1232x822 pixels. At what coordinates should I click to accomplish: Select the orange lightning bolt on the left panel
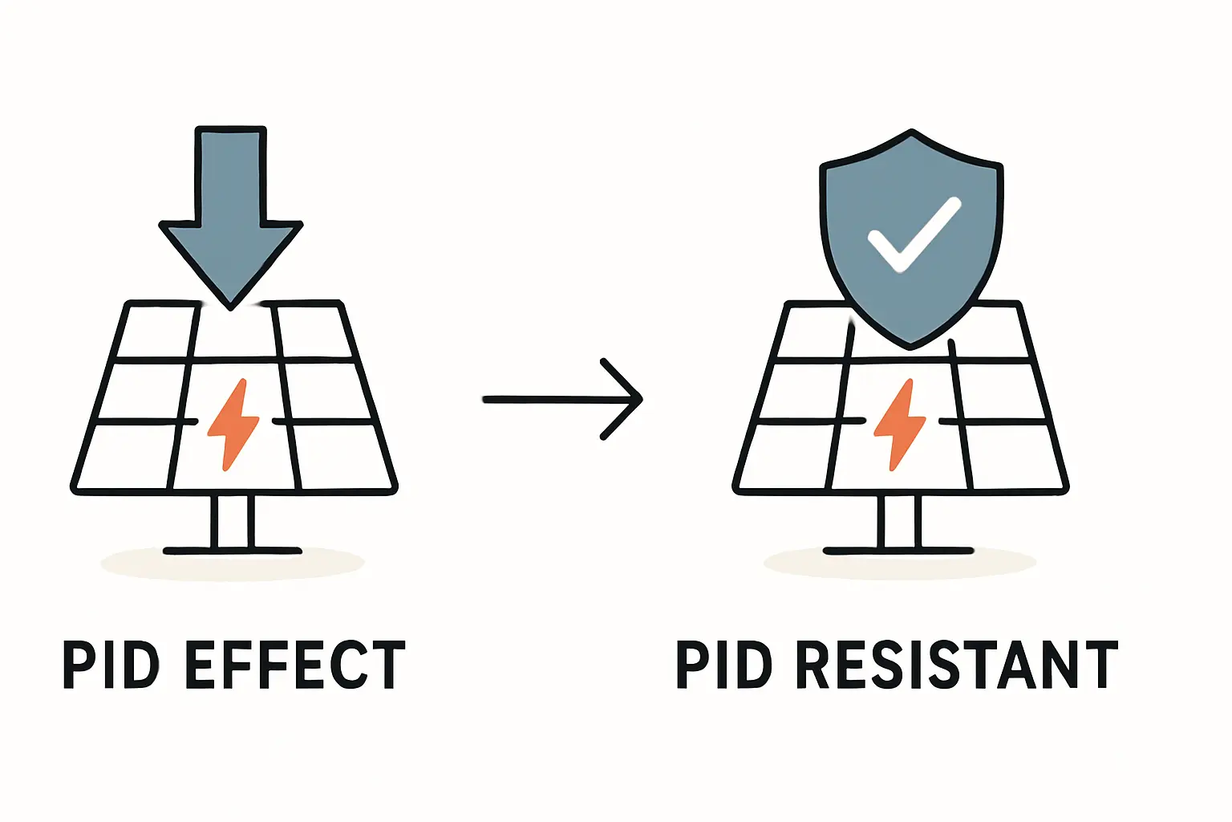[x=233, y=424]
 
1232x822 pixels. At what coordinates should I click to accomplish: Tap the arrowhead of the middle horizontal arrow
[x=634, y=399]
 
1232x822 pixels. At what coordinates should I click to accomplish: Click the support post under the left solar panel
[x=233, y=522]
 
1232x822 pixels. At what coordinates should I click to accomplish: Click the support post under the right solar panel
[x=899, y=522]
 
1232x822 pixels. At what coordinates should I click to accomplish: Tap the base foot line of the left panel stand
[x=233, y=551]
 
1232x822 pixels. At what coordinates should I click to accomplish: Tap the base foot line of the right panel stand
[x=899, y=551]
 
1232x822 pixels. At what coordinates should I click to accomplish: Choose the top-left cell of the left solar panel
[x=159, y=331]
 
